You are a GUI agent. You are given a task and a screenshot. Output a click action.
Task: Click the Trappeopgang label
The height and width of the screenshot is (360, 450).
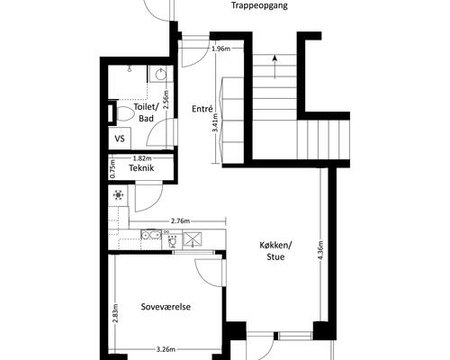(x=260, y=5)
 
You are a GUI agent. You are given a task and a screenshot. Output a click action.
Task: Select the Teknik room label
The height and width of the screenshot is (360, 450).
(x=141, y=168)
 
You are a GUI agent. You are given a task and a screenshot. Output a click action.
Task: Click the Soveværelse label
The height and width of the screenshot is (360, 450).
(x=166, y=307)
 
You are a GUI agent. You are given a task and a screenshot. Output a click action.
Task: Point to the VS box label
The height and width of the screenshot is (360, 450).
(x=120, y=139)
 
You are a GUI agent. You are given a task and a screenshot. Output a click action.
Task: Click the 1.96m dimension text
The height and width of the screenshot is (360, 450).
(x=221, y=49)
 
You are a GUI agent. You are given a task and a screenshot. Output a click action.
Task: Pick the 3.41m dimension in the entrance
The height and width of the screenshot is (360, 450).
(x=215, y=122)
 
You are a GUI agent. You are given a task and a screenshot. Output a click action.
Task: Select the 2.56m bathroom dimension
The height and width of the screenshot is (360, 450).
(x=166, y=100)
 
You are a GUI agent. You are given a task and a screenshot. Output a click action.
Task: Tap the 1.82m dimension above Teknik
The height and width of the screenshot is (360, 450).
(x=142, y=158)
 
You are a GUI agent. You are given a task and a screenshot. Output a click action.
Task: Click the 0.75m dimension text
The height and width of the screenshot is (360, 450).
(x=112, y=168)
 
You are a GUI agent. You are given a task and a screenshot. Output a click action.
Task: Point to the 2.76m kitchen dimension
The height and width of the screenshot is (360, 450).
(x=180, y=221)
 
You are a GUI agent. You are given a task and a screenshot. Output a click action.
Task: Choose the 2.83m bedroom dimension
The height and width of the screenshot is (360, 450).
(x=115, y=313)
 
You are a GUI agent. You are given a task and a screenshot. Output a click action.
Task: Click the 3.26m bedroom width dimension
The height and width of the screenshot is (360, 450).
(x=166, y=349)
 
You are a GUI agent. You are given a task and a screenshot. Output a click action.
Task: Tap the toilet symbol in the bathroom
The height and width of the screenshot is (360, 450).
(x=124, y=113)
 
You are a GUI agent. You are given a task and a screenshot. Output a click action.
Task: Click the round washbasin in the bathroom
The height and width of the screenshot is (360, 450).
(x=160, y=74)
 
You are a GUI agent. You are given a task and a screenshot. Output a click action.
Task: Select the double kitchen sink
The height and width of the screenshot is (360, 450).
(x=151, y=234)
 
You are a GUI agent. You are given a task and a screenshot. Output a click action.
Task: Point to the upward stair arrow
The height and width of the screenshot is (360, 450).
(x=274, y=67)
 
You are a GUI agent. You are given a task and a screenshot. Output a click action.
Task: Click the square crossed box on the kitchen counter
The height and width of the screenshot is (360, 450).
(x=193, y=239)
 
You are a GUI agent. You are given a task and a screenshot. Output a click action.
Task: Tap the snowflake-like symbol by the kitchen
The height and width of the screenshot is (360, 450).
(x=118, y=195)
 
